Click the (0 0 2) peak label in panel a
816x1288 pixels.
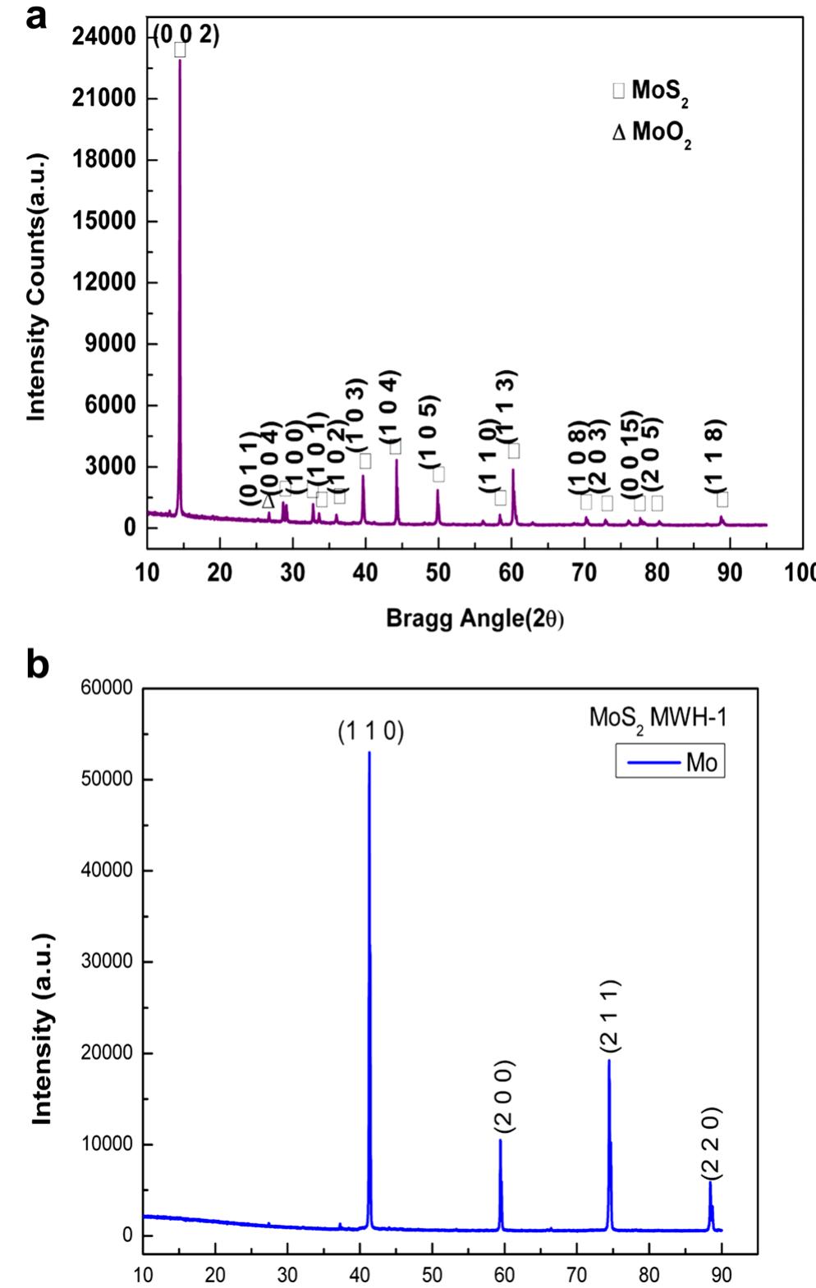click(187, 35)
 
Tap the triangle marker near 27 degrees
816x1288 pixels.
click(268, 501)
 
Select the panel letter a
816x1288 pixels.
click(37, 17)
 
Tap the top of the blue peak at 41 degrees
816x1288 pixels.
click(369, 753)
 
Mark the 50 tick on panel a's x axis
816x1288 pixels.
click(438, 571)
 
